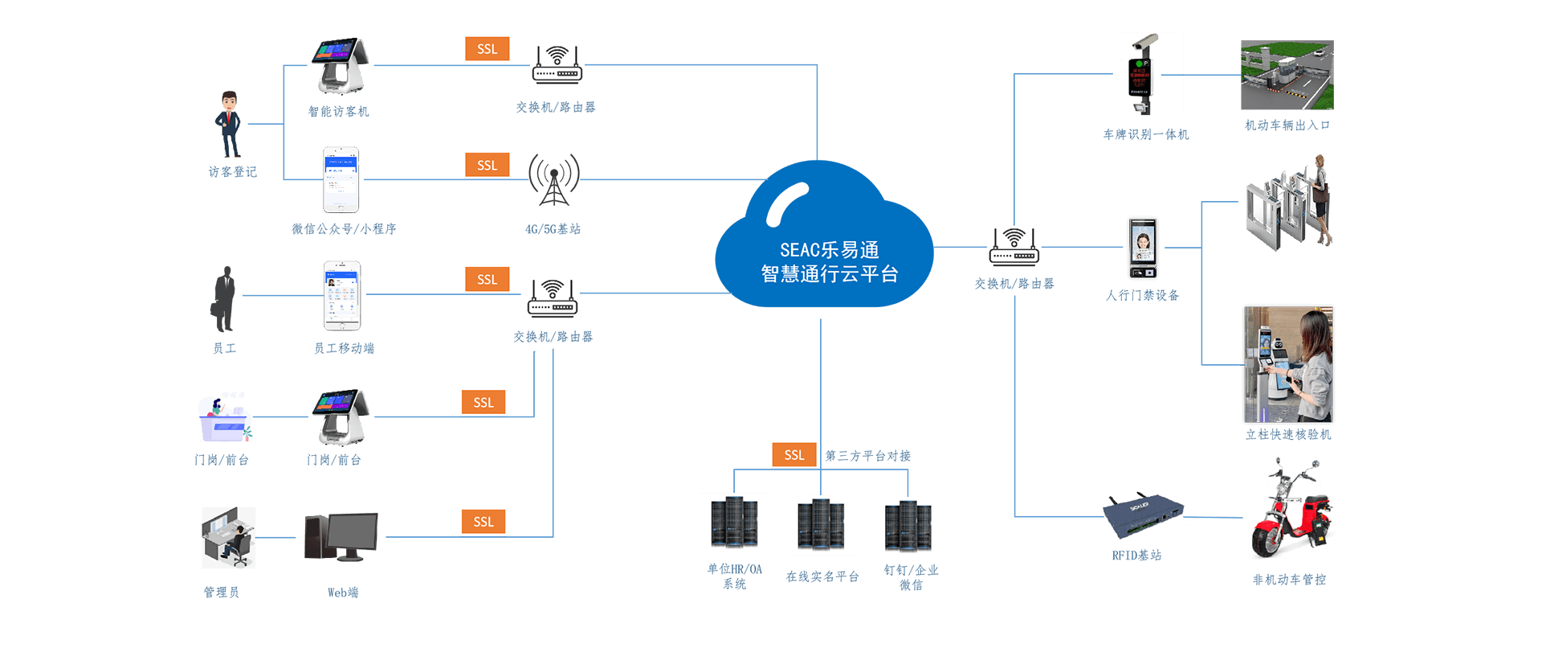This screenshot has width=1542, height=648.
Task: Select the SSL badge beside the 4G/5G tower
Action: (487, 165)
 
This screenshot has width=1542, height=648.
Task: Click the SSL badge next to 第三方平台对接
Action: (793, 454)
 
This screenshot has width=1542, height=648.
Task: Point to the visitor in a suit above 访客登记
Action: (230, 124)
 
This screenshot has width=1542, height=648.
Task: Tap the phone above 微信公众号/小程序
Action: (341, 179)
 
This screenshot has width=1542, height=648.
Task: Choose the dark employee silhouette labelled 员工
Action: (224, 299)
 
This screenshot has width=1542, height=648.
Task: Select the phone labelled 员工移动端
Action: (342, 295)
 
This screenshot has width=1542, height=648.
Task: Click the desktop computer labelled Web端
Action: (341, 537)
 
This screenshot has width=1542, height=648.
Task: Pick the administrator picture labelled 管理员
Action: (229, 538)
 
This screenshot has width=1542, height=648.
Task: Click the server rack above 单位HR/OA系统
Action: (734, 523)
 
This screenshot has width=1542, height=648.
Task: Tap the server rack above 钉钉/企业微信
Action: (908, 527)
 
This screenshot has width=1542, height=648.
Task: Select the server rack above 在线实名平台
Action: (820, 525)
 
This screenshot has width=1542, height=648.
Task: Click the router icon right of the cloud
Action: (1014, 247)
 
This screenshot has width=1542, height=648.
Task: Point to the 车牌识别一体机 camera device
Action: (1147, 74)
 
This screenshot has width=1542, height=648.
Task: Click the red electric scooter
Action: (1291, 511)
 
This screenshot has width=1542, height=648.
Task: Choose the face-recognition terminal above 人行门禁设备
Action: (1142, 247)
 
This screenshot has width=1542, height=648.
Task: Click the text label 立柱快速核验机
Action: (1288, 434)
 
